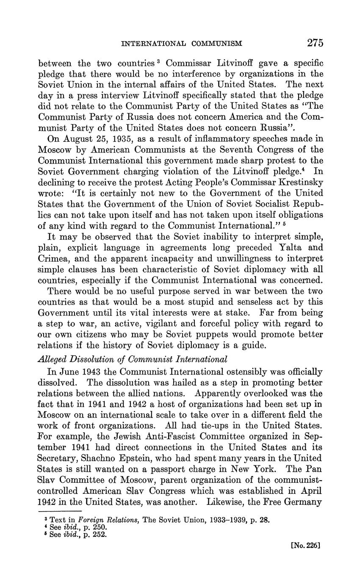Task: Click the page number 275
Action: tap(315, 43)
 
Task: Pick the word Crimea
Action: tap(53, 258)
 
